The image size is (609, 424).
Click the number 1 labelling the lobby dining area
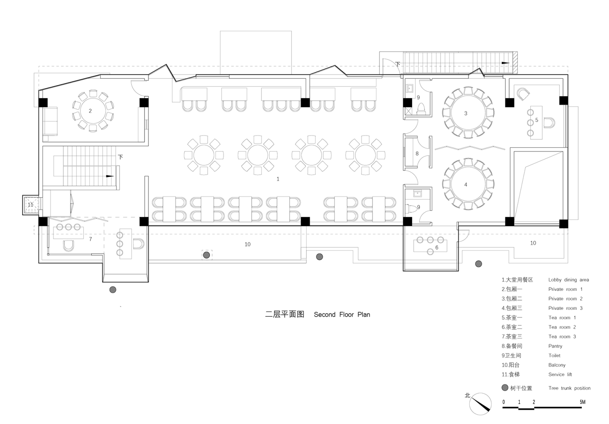(x=278, y=179)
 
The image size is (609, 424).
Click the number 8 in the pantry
(x=417, y=154)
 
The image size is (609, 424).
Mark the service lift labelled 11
(x=30, y=205)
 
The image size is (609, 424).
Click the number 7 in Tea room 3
(x=91, y=239)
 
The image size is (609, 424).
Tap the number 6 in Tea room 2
(x=437, y=247)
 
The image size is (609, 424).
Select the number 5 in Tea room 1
(x=537, y=120)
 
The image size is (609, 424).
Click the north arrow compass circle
(x=480, y=404)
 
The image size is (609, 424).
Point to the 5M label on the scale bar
(x=582, y=402)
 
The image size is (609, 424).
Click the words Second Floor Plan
(x=342, y=315)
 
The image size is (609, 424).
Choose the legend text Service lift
(x=560, y=374)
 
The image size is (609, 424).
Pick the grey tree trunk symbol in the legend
(x=505, y=388)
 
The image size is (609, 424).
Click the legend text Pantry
(x=555, y=346)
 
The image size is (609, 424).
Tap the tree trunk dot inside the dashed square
(x=206, y=255)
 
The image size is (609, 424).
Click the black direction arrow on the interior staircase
(x=110, y=176)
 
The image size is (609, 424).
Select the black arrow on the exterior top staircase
(x=505, y=63)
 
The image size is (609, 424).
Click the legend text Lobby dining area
(x=568, y=280)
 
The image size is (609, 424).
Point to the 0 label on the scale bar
(x=504, y=402)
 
